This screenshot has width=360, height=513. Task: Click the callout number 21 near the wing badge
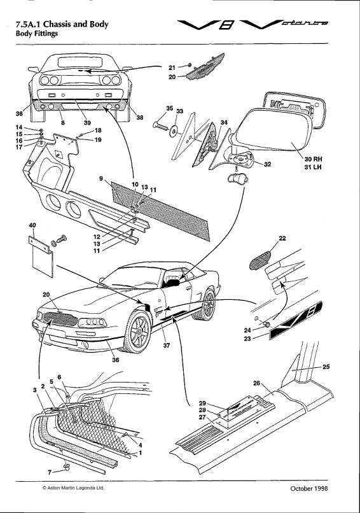[172, 66]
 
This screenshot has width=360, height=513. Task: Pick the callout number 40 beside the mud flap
[32, 225]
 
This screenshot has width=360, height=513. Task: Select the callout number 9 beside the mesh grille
[101, 179]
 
